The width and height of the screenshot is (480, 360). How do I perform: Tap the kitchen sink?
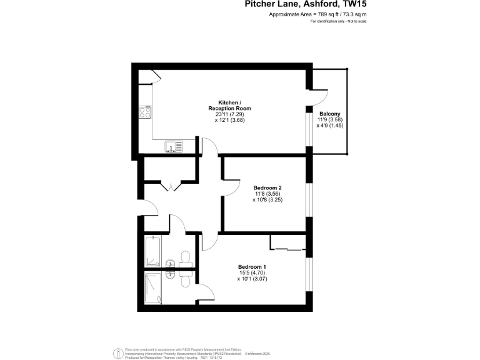[174, 147]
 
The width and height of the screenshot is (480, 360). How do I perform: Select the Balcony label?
[331, 113]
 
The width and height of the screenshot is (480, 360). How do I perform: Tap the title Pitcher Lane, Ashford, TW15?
[296, 5]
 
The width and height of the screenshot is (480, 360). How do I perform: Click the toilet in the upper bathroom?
[185, 257]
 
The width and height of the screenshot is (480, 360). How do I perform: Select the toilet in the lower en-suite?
[185, 281]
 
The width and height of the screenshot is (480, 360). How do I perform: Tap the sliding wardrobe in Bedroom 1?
[287, 244]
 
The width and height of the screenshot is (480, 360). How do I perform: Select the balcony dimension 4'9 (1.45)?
[331, 126]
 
